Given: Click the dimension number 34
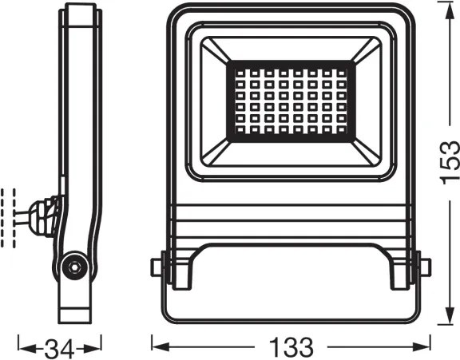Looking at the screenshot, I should point(60,347).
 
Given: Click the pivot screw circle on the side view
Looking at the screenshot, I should point(73,266).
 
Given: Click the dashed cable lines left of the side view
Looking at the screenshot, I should point(10,216).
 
